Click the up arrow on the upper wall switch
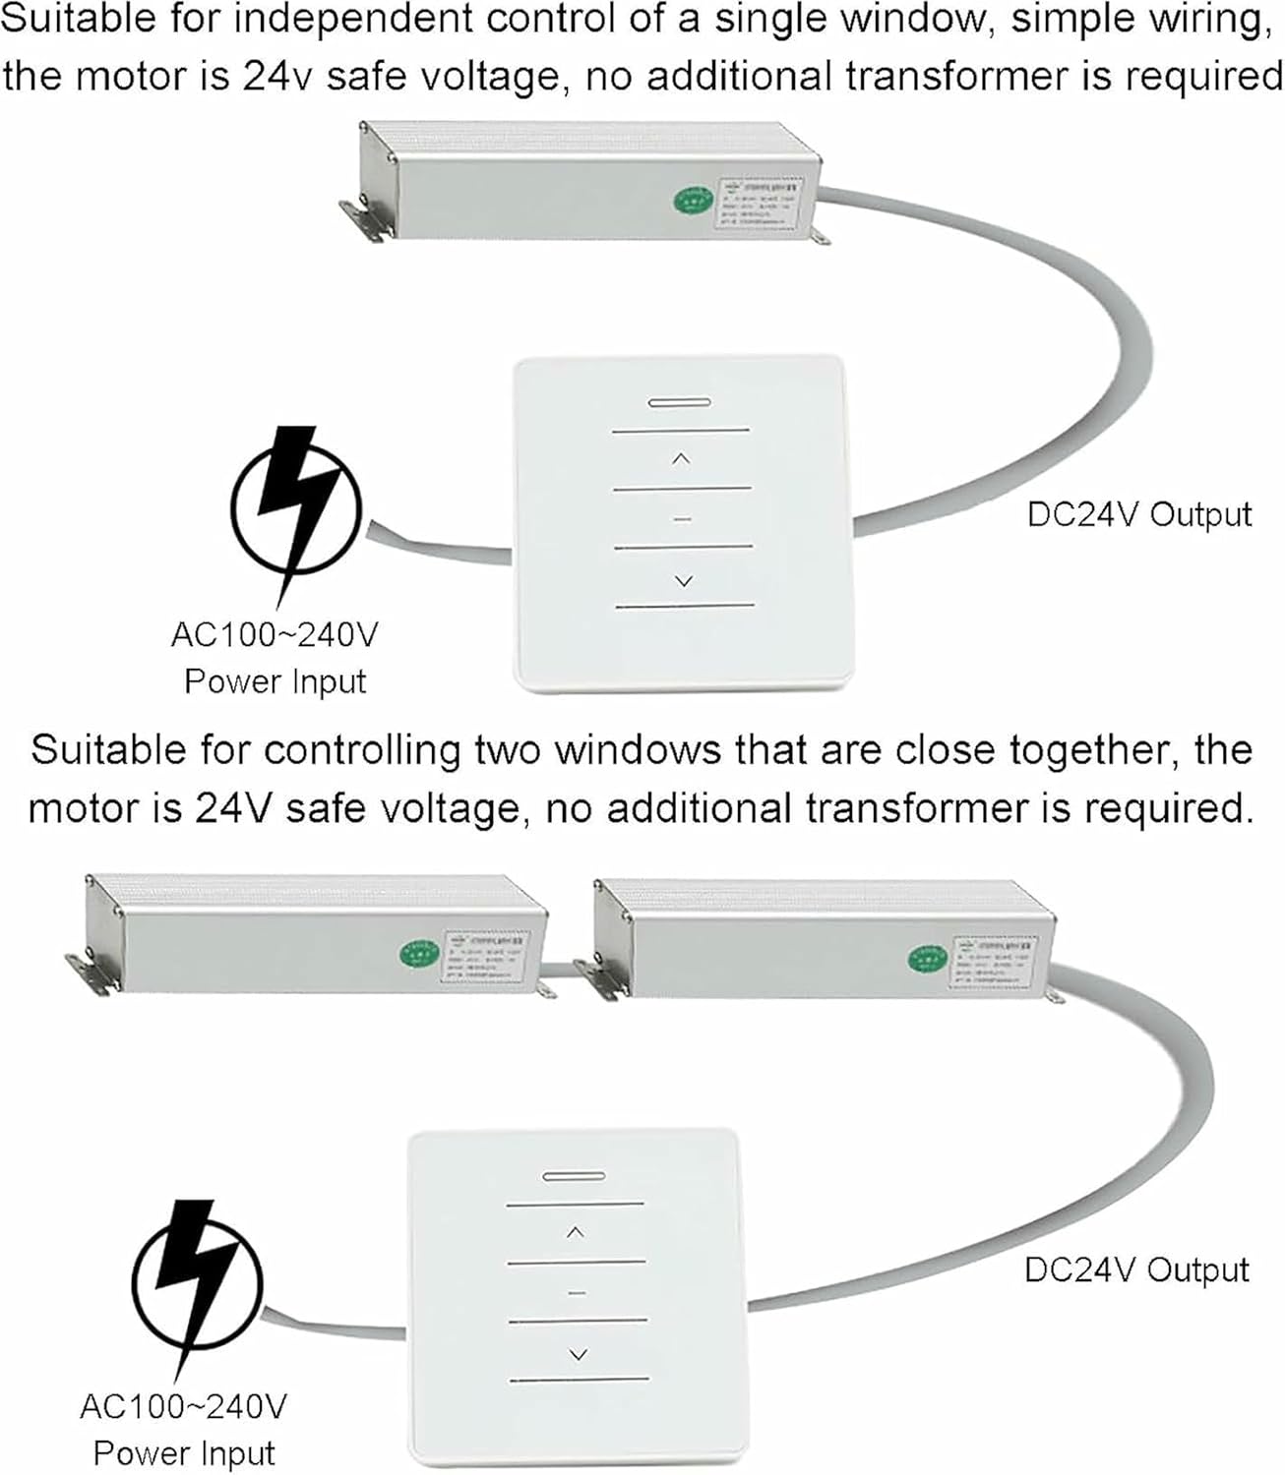681,459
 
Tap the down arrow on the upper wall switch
683,581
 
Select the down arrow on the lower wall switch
578,1355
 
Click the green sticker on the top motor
693,201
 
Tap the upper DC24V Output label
1139,514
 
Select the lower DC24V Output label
1136,1269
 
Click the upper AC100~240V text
275,635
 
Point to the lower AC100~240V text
183,1407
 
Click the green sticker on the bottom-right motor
926,957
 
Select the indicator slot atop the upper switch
680,402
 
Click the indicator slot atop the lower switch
574,1176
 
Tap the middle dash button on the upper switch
683,519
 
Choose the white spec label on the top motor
761,202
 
